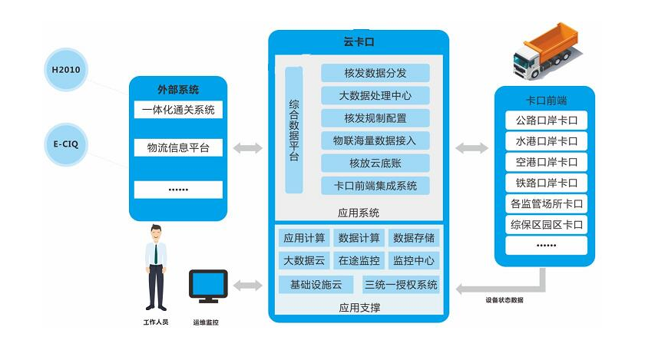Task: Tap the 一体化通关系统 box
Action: point(178,110)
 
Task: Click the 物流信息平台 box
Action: point(178,147)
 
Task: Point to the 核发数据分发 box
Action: point(375,73)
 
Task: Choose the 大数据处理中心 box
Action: point(375,95)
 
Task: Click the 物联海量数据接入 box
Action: point(375,140)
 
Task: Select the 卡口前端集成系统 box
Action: point(375,185)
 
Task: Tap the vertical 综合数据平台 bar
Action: point(294,130)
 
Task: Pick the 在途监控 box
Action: point(359,259)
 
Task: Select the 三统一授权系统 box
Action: point(401,285)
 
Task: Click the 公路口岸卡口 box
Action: point(546,121)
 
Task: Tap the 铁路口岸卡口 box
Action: point(546,183)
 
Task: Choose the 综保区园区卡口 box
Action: point(546,225)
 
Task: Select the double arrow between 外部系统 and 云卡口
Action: point(247,147)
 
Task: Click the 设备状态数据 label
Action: point(504,300)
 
